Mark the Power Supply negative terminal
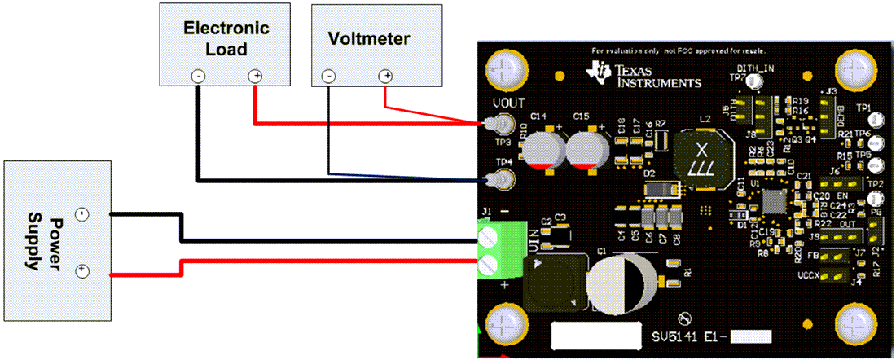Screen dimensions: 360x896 (81, 215)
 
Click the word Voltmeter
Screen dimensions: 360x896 (368, 38)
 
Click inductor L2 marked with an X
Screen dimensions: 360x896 (701, 160)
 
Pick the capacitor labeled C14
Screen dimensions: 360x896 (542, 150)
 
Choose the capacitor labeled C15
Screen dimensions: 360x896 (586, 150)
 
